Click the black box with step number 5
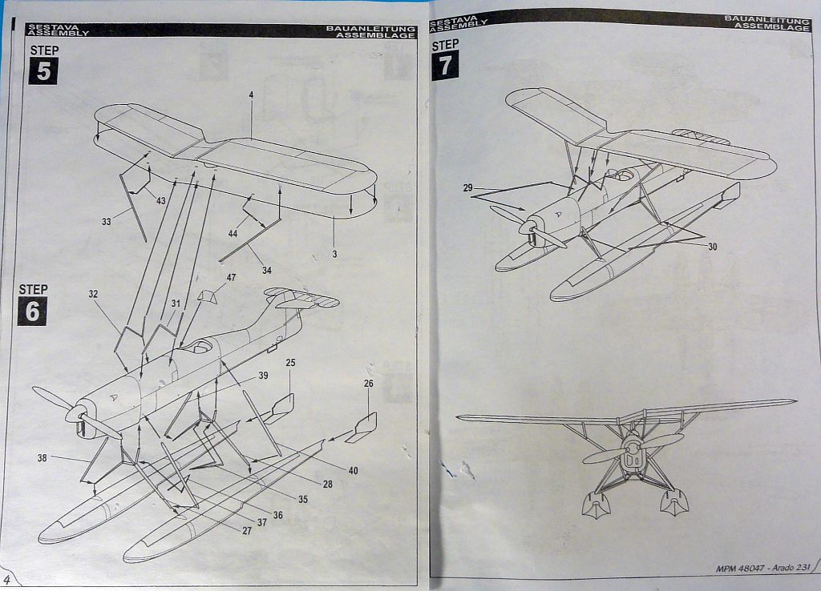click(43, 71)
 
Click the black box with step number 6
click(32, 311)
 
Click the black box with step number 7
click(446, 66)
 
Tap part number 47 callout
click(231, 277)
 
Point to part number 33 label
click(107, 222)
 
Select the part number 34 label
click(266, 270)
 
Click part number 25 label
click(290, 363)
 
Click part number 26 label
click(368, 384)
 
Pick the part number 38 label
click(42, 458)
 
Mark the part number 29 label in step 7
click(467, 188)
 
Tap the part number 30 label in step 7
click(712, 247)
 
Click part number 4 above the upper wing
click(251, 94)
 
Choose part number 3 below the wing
click(334, 254)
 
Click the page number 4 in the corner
click(7, 579)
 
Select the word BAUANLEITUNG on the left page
click(370, 29)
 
